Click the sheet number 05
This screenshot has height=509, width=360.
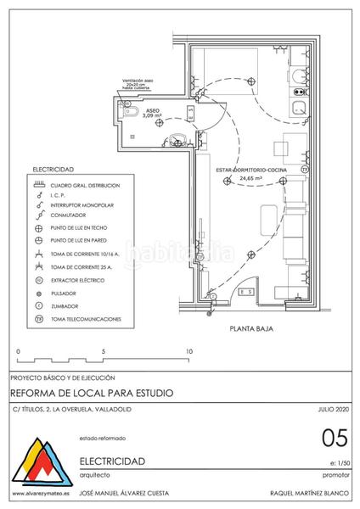coord(335,439)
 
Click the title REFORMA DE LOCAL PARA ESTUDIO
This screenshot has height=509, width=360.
coord(92,394)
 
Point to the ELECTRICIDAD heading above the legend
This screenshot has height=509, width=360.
coord(53,170)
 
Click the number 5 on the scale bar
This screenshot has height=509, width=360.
coord(103,350)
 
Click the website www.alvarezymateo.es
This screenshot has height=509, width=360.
coord(41,495)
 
